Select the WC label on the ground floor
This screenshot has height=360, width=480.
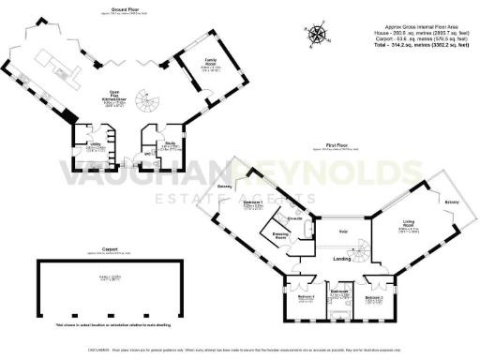point(147,155)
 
